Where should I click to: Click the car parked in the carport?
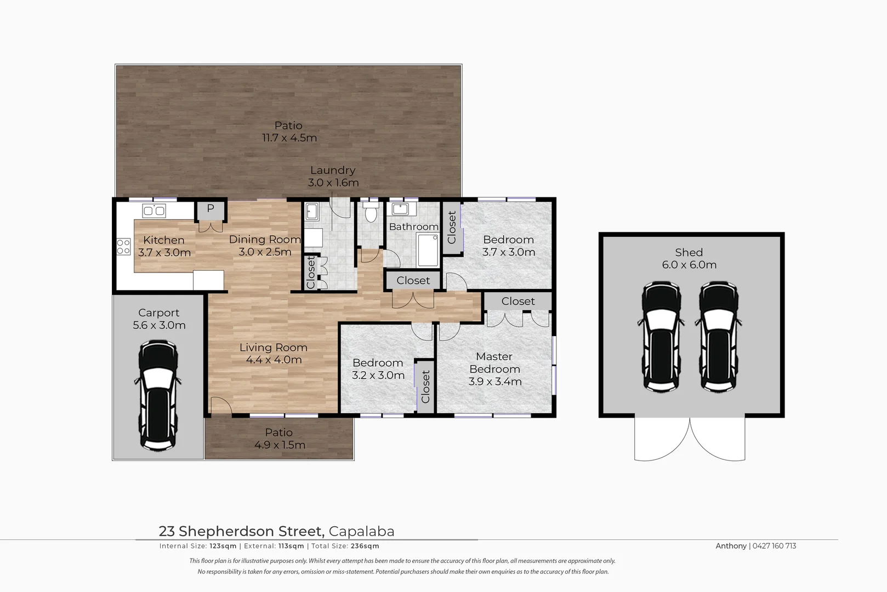coord(158,395)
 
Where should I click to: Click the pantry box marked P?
coord(210,209)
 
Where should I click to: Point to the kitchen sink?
coord(154,210)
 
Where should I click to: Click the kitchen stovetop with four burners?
coord(123,247)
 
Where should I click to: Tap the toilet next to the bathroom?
coord(371,212)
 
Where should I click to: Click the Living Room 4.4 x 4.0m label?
coord(273,354)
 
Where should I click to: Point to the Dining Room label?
coord(265,246)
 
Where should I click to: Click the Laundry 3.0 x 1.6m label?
coord(333,177)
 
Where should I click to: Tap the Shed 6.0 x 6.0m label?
coord(689,258)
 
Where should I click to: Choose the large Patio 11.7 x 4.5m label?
coord(289,132)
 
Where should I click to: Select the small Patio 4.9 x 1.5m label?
coord(279,439)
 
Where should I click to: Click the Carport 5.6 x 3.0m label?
coord(158,318)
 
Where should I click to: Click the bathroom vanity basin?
coord(400,209)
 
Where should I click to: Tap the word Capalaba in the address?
coord(361,531)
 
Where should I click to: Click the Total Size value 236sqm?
coord(365,546)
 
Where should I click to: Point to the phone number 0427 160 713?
coord(774,546)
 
